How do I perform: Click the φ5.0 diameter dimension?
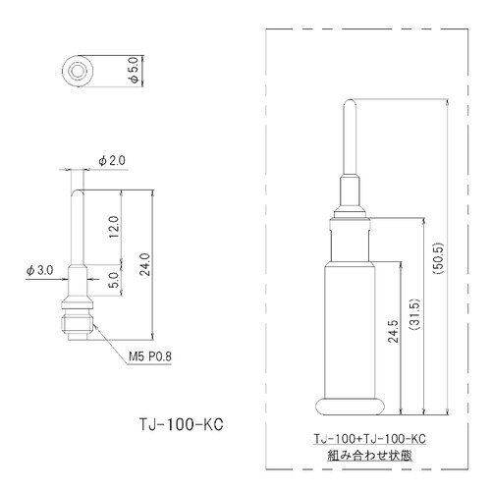coord(135,72)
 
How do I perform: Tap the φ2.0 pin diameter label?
coord(112,161)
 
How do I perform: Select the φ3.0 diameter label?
coord(40,270)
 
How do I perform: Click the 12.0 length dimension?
coord(114,227)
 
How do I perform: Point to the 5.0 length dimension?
coord(114,280)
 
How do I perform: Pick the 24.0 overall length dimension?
coord(144,264)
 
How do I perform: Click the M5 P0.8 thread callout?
coord(150,356)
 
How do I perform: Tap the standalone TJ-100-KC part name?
coord(182,424)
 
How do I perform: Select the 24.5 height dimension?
coord(393,331)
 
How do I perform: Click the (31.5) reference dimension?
coord(415,314)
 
